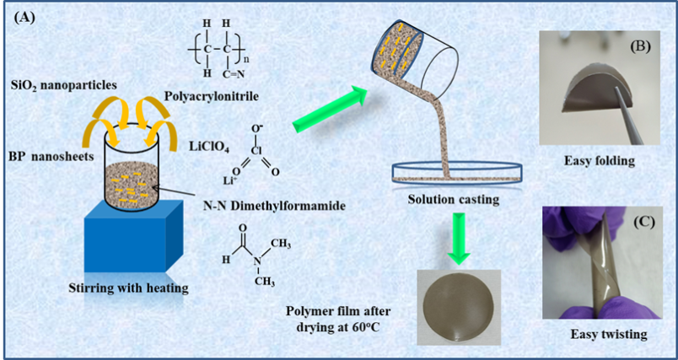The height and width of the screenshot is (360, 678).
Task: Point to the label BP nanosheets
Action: (x=48, y=159)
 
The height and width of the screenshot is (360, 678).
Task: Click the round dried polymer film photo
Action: (x=462, y=305)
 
